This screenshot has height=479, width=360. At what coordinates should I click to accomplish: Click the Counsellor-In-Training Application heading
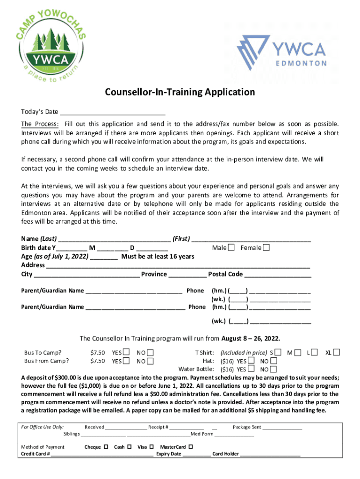coord(180,92)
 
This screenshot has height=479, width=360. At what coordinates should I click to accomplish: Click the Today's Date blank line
coord(113,112)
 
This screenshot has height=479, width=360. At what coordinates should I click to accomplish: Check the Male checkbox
coord(231,247)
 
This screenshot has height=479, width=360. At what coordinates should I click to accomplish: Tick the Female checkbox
coord(266,247)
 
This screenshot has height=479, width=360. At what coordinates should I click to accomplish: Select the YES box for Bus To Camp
coord(126,352)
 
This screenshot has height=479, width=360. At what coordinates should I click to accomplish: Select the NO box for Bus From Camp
coord(150,361)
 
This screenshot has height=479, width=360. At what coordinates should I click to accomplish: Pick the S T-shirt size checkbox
coord(278,352)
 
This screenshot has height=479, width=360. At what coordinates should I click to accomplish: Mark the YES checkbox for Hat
coord(251,361)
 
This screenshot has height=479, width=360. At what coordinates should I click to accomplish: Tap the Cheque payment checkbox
coord(106,447)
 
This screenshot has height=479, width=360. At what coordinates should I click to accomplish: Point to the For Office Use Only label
coord(43,427)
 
